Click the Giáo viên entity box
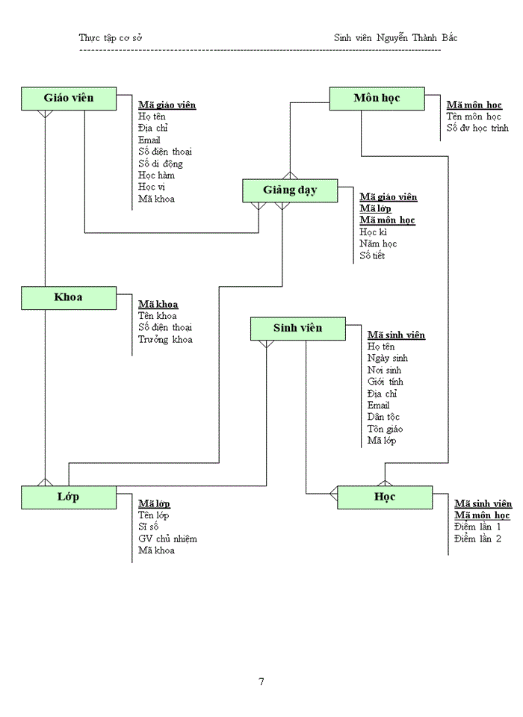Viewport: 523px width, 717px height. click(x=68, y=99)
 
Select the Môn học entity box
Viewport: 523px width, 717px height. click(x=377, y=98)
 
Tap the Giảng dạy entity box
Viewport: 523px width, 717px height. click(x=290, y=190)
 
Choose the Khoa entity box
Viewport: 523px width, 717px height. click(x=68, y=297)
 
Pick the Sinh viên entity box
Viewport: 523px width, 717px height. click(x=297, y=329)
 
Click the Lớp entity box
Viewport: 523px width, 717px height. click(x=68, y=497)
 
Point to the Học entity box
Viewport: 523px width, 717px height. click(x=385, y=497)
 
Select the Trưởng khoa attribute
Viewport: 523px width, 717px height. click(x=165, y=340)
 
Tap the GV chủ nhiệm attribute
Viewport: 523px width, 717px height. click(x=167, y=538)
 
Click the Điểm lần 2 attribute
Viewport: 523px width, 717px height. click(x=477, y=538)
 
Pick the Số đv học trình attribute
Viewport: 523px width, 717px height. click(x=477, y=128)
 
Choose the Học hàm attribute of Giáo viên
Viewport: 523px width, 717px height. click(x=156, y=176)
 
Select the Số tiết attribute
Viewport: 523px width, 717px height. click(x=372, y=256)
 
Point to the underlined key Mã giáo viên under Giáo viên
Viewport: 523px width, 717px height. click(x=167, y=105)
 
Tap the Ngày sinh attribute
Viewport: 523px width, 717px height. click(x=388, y=358)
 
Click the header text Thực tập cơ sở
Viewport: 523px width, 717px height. click(x=110, y=37)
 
